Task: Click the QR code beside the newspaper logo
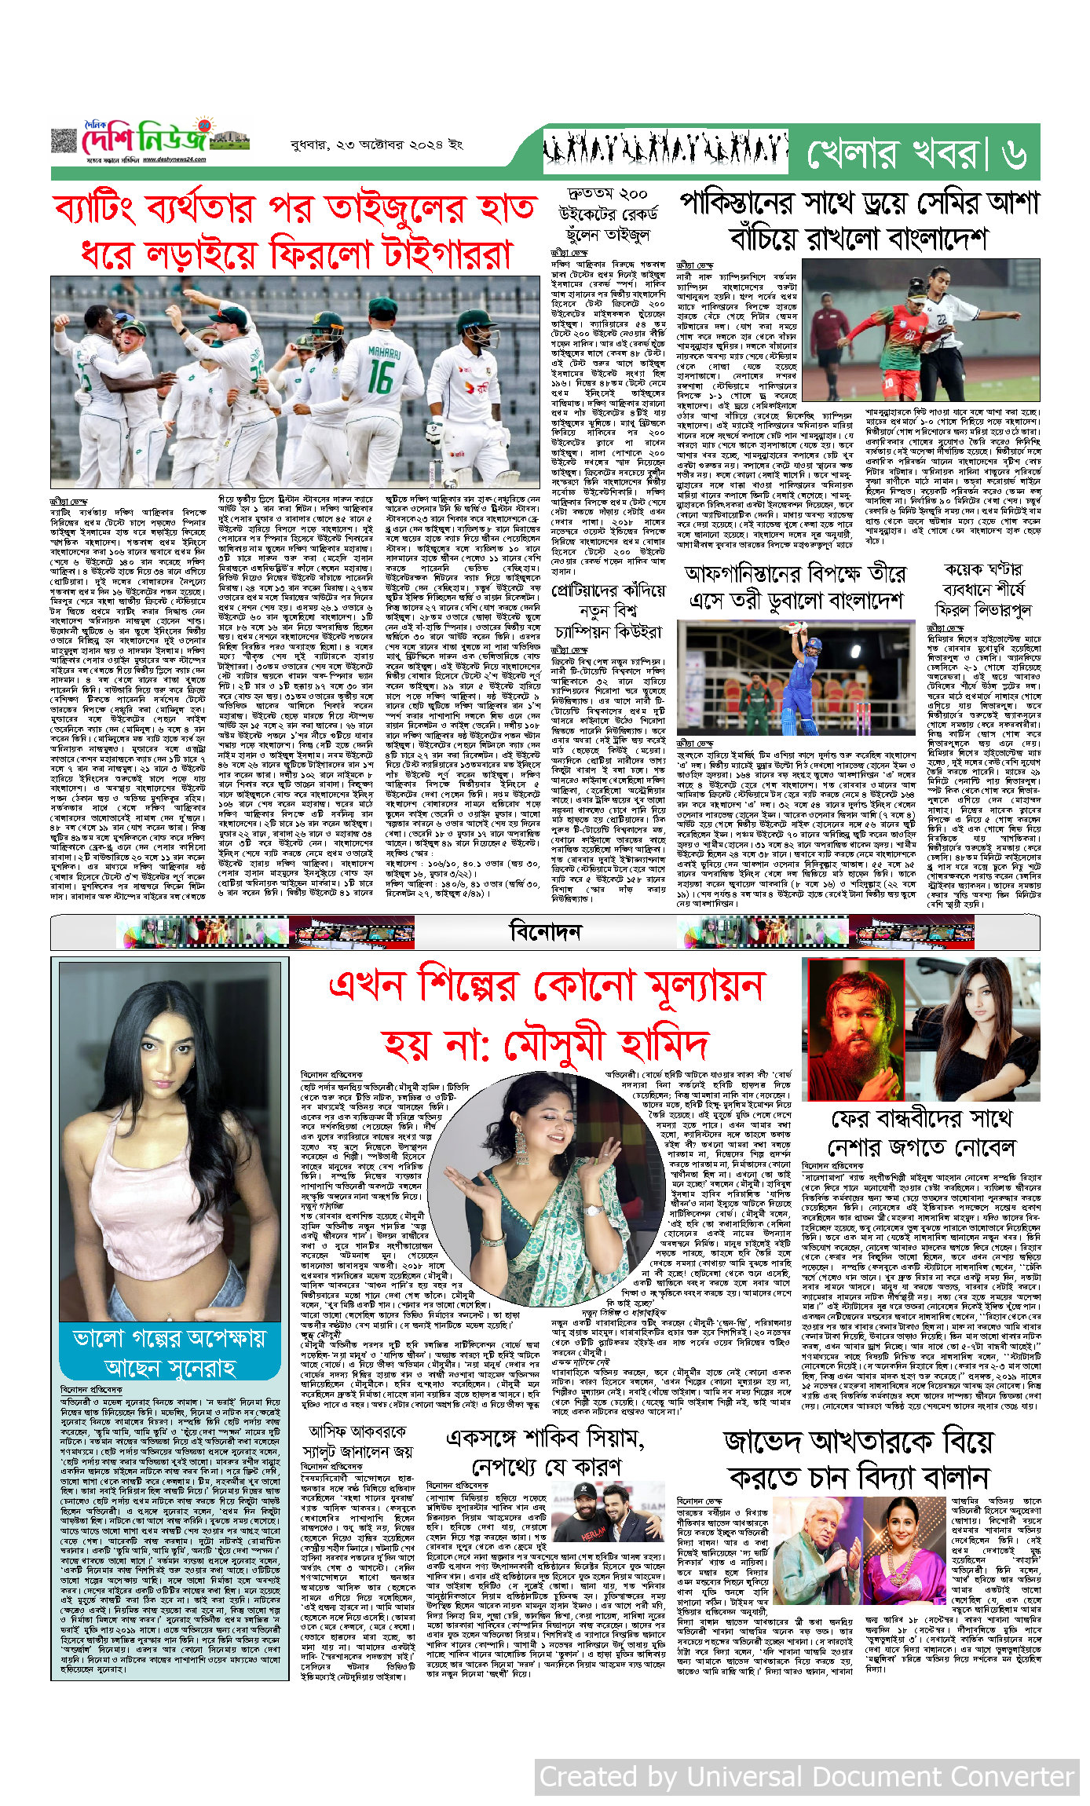pos(64,141)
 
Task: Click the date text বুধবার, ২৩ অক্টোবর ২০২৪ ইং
pos(376,144)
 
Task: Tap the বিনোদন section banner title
pos(546,932)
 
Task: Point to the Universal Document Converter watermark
pos(807,1776)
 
